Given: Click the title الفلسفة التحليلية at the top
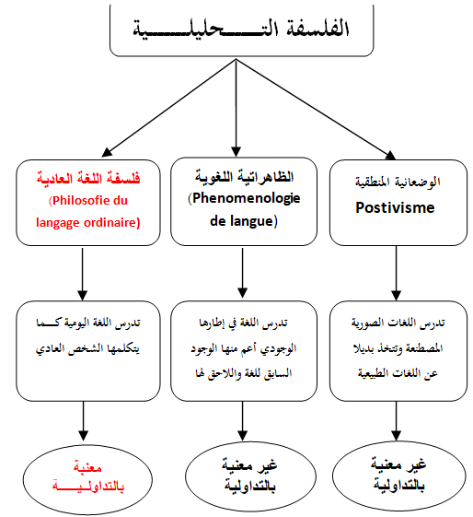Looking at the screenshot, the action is [241, 28].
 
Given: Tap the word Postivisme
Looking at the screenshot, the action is [395, 207].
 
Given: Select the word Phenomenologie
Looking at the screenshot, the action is [247, 198].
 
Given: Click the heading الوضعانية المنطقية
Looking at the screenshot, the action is [398, 182].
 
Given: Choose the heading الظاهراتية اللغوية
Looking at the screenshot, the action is [244, 177].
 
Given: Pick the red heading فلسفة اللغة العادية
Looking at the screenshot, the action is [88, 179].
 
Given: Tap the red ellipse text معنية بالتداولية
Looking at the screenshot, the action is [88, 476].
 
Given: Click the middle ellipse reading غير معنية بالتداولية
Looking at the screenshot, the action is [250, 476].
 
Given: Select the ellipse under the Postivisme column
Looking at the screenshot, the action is [399, 476].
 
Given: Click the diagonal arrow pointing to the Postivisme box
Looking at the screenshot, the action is [316, 109].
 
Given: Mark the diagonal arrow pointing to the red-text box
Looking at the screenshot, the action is [168, 108].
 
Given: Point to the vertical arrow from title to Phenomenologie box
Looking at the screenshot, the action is [236, 108].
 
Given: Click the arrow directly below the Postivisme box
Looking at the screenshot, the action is [396, 273].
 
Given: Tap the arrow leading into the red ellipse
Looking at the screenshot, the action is [83, 421].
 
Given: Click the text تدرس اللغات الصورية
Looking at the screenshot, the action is [398, 323].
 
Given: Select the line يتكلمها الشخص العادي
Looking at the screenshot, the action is [87, 348].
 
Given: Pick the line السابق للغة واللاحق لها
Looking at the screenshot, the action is [244, 373].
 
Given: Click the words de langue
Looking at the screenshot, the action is [244, 221].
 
